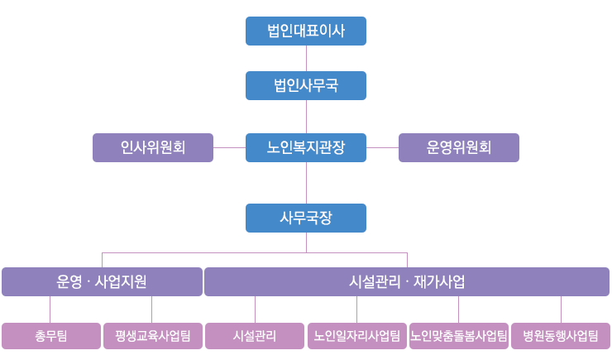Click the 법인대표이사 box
click(x=306, y=31)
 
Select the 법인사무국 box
click(x=306, y=85)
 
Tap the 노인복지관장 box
click(x=306, y=147)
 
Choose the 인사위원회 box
click(x=153, y=147)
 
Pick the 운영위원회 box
click(x=459, y=147)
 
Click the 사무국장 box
click(x=306, y=218)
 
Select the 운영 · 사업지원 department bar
click(x=103, y=281)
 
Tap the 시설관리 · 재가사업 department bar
click(x=407, y=281)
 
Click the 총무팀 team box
click(x=51, y=336)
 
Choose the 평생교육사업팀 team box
click(x=153, y=336)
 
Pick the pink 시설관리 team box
click(x=255, y=336)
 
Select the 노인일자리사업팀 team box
click(x=357, y=336)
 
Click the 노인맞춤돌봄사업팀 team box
click(x=459, y=336)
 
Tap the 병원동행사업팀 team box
click(x=561, y=336)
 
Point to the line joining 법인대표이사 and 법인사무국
click(x=306, y=59)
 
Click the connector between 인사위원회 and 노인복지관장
click(x=230, y=147)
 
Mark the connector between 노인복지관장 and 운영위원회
click(x=382, y=147)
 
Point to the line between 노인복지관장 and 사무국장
click(x=306, y=183)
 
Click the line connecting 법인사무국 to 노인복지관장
click(x=306, y=117)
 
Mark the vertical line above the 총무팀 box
click(x=50, y=310)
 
